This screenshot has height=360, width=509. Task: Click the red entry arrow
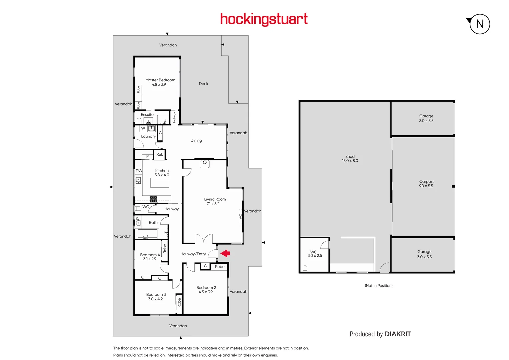226,253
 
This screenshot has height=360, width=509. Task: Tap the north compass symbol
479,24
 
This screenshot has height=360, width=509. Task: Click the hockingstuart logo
264,19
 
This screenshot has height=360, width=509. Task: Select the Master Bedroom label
160,80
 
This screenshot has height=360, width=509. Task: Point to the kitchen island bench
160,183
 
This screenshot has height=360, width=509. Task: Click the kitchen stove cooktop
153,199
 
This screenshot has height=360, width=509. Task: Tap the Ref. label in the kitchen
160,154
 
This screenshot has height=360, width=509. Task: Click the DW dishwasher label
139,171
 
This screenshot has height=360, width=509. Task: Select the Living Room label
215,199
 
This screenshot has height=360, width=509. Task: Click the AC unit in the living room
240,217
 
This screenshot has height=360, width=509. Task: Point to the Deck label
203,84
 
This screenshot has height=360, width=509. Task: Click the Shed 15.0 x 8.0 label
350,159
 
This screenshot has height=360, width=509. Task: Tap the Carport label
426,182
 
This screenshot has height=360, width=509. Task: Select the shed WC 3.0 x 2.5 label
314,254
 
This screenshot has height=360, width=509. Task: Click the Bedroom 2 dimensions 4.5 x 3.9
206,292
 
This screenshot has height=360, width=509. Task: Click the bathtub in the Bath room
147,234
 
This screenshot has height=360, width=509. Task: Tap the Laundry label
148,136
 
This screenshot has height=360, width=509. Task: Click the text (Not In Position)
379,286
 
